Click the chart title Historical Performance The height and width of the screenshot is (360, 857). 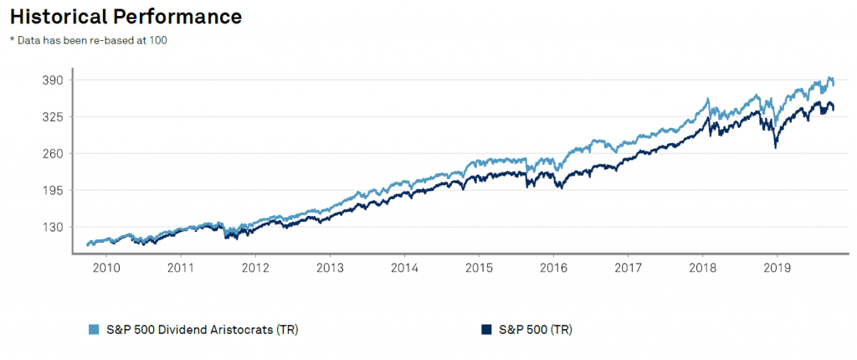pyautogui.click(x=126, y=16)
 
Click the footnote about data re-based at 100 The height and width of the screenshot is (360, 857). pyautogui.click(x=89, y=41)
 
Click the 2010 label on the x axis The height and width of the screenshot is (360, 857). pyautogui.click(x=106, y=269)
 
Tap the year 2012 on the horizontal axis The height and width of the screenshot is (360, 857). pyautogui.click(x=255, y=269)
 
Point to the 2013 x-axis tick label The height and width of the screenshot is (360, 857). pyautogui.click(x=330, y=269)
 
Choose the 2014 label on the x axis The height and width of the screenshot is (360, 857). pyautogui.click(x=404, y=269)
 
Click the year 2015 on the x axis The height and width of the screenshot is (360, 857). pyautogui.click(x=479, y=269)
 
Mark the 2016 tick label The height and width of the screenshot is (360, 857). pyautogui.click(x=553, y=269)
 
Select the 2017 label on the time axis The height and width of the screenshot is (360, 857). pyautogui.click(x=628, y=269)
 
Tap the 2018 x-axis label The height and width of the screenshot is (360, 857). pyautogui.click(x=702, y=269)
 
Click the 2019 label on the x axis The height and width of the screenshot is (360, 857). pyautogui.click(x=777, y=269)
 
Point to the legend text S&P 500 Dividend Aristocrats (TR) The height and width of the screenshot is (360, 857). pyautogui.click(x=200, y=330)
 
